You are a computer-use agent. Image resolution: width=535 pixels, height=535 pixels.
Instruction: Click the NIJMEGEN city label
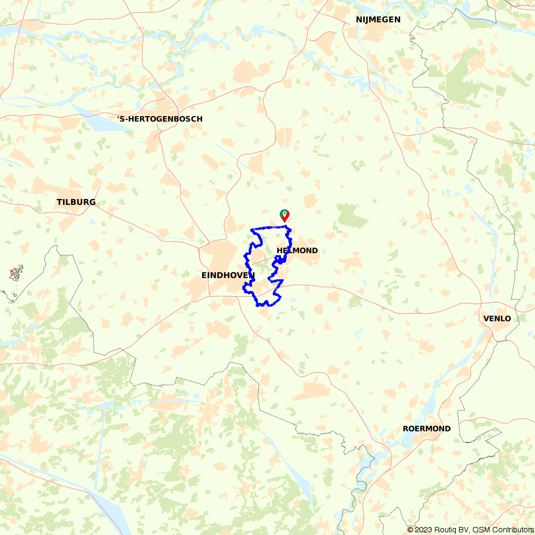point(378,20)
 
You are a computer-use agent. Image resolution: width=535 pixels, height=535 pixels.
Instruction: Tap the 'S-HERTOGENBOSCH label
point(160,119)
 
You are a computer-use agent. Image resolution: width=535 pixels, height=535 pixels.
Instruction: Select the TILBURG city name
point(76,202)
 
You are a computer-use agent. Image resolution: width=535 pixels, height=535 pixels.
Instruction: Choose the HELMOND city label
point(297,250)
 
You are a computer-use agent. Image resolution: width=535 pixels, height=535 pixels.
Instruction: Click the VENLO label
point(496,318)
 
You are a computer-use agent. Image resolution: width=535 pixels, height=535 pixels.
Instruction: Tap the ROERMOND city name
point(426,429)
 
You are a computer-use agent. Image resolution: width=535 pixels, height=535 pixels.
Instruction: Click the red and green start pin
point(285,215)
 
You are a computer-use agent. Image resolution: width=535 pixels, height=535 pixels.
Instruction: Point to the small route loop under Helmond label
point(279,260)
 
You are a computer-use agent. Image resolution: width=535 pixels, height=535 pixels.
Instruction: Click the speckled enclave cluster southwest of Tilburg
point(16,274)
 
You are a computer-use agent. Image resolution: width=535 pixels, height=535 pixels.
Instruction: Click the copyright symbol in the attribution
point(410,530)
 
